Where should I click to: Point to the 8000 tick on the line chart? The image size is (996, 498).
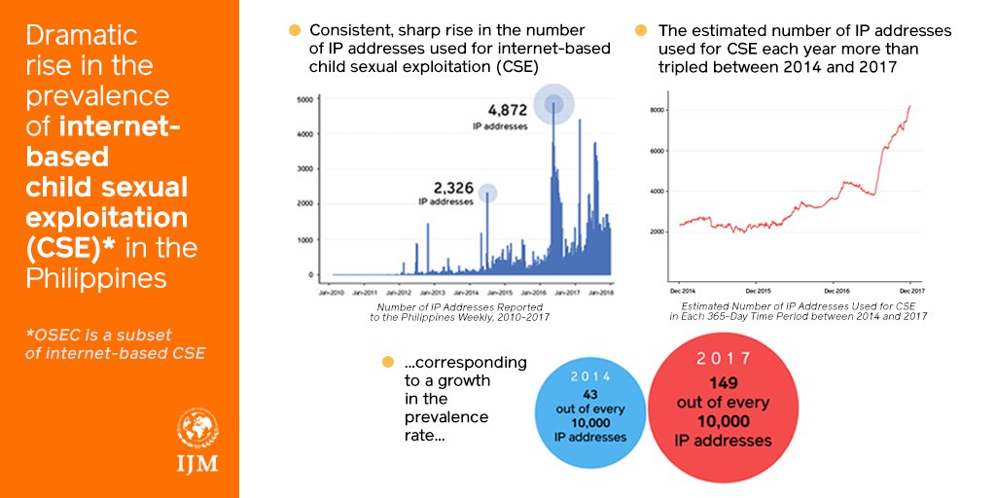tap(657, 111)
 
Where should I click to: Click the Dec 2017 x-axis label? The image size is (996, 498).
tap(909, 291)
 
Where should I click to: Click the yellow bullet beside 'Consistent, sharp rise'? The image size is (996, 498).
tap(295, 31)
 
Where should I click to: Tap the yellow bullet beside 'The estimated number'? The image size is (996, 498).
tap(641, 31)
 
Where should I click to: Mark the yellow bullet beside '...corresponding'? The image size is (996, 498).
tap(388, 363)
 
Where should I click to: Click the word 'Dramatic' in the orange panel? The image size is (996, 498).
tap(82, 37)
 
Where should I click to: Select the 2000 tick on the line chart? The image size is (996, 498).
tap(657, 231)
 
